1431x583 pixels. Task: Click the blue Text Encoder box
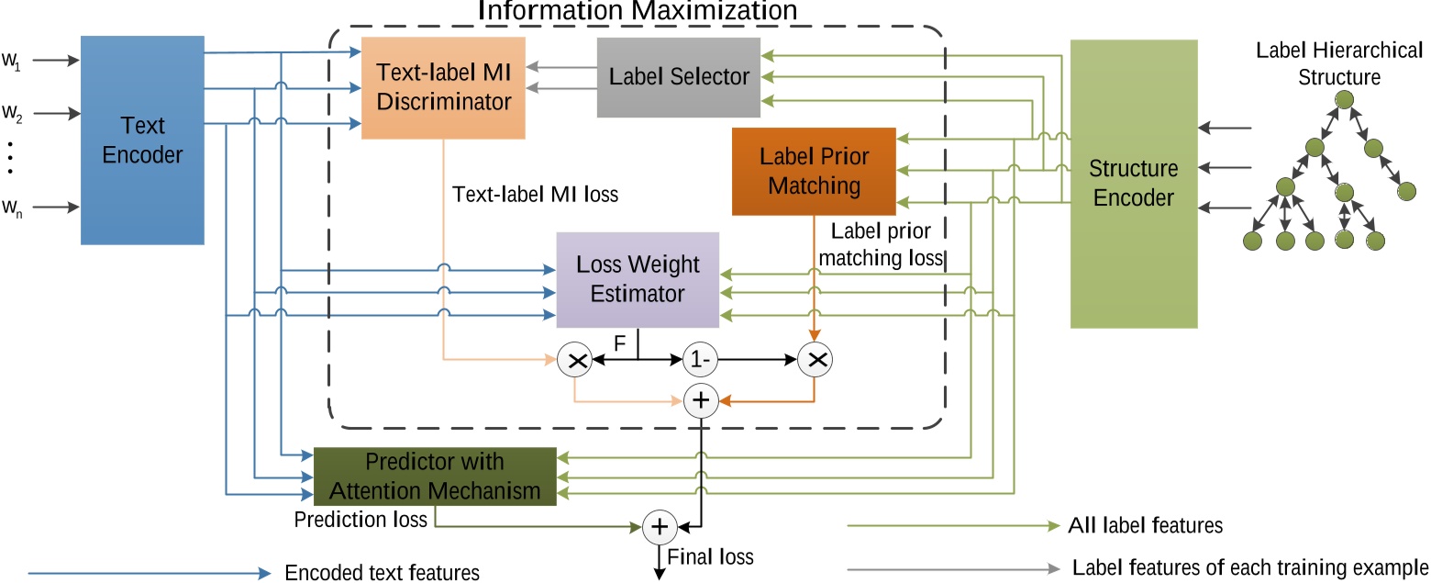click(142, 140)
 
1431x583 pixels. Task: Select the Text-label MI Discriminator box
click(443, 87)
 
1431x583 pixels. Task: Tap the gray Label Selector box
click(679, 77)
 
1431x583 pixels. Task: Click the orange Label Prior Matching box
click(814, 171)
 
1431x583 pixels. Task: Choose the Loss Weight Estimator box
click(638, 279)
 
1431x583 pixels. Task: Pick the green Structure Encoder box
click(1133, 184)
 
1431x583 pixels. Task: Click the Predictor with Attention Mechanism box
click(435, 476)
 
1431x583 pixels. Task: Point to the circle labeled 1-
click(699, 360)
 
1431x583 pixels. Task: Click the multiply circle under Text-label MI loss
click(575, 361)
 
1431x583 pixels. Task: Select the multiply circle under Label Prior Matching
click(814, 360)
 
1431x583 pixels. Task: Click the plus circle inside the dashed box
click(700, 400)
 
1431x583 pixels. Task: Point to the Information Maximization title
click(638, 11)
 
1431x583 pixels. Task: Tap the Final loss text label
click(710, 556)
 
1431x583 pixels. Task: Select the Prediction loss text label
click(361, 520)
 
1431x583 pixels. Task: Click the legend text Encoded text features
click(383, 573)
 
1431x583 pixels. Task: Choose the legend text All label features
click(1146, 526)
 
